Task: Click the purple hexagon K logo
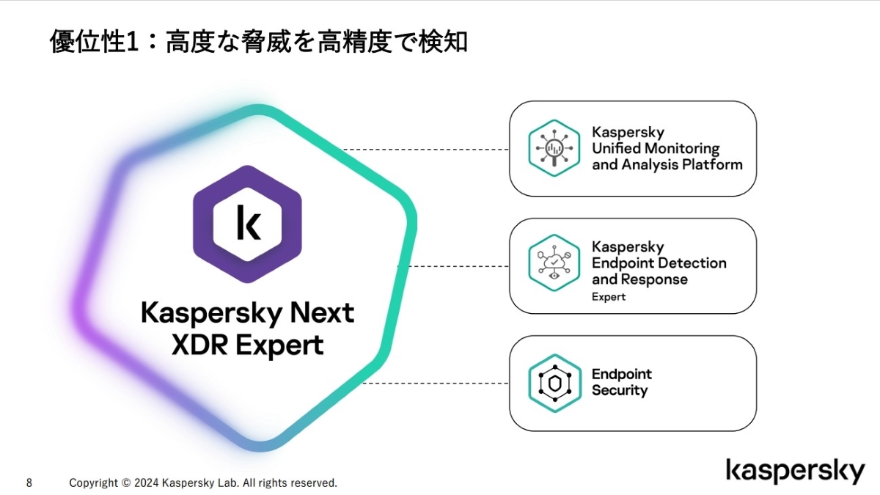[247, 223]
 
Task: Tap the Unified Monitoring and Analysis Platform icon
[554, 148]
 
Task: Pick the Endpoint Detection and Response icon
[554, 262]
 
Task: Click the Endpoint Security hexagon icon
[554, 383]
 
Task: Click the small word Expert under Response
[609, 297]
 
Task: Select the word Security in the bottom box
[620, 391]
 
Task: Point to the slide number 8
[29, 483]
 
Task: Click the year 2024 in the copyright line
[146, 483]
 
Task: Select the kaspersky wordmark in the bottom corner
[796, 472]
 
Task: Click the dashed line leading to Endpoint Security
[436, 383]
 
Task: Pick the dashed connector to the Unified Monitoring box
[425, 149]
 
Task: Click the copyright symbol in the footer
[126, 483]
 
